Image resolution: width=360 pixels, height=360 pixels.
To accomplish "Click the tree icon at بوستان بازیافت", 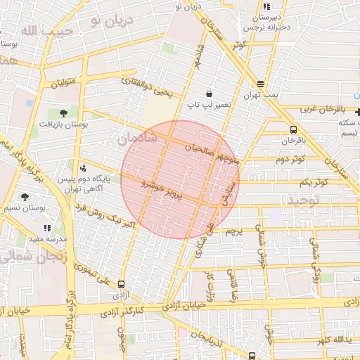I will pos(64,112).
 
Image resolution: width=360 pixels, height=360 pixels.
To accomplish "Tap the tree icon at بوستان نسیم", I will pos(25,197).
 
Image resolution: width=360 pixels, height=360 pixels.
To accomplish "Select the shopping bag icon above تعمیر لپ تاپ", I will pos(209,94).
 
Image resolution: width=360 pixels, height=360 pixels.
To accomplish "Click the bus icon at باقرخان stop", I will pos(293,129).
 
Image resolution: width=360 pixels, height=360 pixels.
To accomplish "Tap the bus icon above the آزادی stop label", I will pos(122,285).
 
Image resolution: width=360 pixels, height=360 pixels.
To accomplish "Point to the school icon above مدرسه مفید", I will pos(47,228).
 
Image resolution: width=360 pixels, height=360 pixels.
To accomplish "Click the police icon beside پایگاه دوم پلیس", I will pos(84,168).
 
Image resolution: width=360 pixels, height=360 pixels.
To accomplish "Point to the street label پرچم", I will pos(233,230).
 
